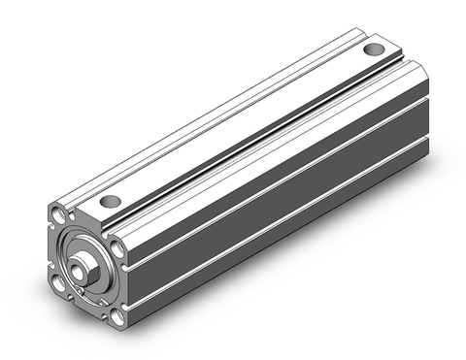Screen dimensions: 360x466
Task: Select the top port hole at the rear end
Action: click(x=373, y=50)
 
